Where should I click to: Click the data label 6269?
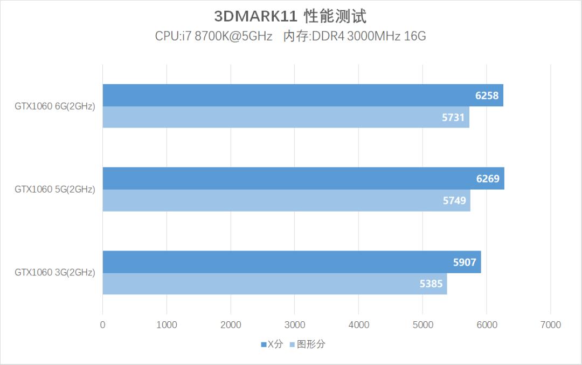[488, 179]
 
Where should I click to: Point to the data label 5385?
[431, 283]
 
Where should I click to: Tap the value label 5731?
[453, 117]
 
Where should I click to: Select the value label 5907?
[465, 262]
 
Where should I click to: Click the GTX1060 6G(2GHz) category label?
[54, 106]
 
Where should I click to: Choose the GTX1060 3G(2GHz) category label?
[54, 273]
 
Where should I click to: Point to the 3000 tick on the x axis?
[295, 325]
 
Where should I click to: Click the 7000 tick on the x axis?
[550, 325]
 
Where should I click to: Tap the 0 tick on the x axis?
[102, 325]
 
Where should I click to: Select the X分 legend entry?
[272, 344]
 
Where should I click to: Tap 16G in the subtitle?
[415, 36]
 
